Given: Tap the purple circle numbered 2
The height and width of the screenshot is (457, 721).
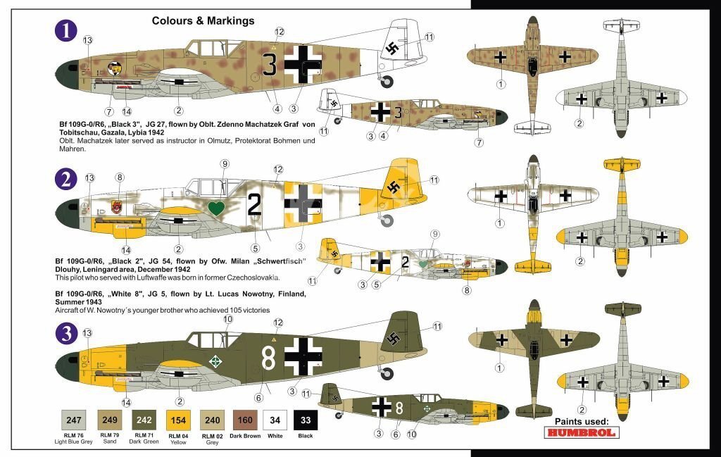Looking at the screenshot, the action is (x=65, y=179).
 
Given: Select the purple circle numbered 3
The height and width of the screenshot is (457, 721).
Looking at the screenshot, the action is (x=66, y=333).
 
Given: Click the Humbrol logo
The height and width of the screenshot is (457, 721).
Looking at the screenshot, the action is (x=581, y=432).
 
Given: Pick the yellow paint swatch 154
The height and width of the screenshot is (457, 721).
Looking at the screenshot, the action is (x=178, y=420).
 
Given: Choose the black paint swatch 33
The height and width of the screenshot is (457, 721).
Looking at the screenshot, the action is (x=306, y=420).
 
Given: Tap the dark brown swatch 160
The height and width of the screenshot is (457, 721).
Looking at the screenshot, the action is (x=245, y=420).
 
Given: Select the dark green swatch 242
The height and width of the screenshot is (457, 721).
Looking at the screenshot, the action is (x=144, y=420).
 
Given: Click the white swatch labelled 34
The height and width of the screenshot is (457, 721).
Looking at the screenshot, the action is (x=275, y=420).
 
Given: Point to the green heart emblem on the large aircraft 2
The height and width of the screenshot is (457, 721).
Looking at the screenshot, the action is (x=215, y=208).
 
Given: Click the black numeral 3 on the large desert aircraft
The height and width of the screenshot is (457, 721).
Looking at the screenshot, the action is (x=270, y=64).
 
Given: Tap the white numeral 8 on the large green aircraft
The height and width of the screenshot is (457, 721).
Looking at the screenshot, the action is (x=268, y=358).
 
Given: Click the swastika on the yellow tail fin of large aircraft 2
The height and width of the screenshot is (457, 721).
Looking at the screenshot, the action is (x=393, y=187).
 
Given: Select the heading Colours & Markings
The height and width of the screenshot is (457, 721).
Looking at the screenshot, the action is (x=203, y=20).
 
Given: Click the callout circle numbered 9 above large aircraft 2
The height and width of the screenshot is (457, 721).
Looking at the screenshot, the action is (x=225, y=164).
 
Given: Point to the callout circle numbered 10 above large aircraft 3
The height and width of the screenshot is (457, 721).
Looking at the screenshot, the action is (x=228, y=319).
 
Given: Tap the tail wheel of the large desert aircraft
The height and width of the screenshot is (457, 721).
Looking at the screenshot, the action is (x=387, y=82).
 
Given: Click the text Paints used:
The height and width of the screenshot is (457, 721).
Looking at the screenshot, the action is (x=581, y=421).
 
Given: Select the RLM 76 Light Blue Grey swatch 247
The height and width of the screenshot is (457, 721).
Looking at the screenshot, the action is (x=73, y=420).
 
